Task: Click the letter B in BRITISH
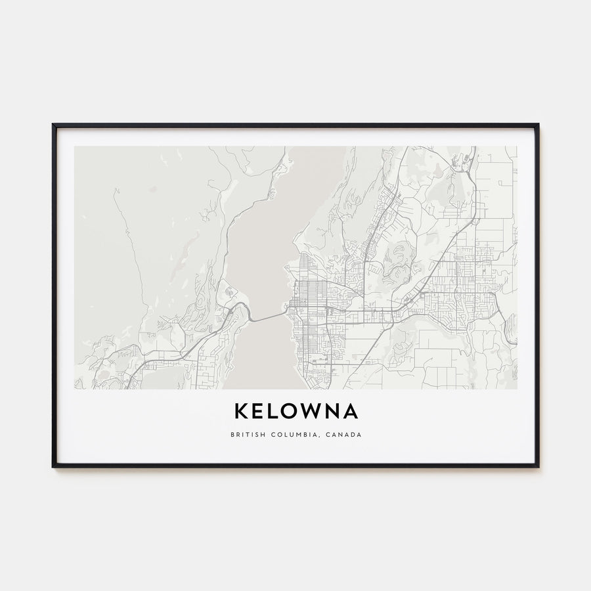click(x=232, y=435)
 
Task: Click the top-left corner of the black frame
click(x=54, y=125)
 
